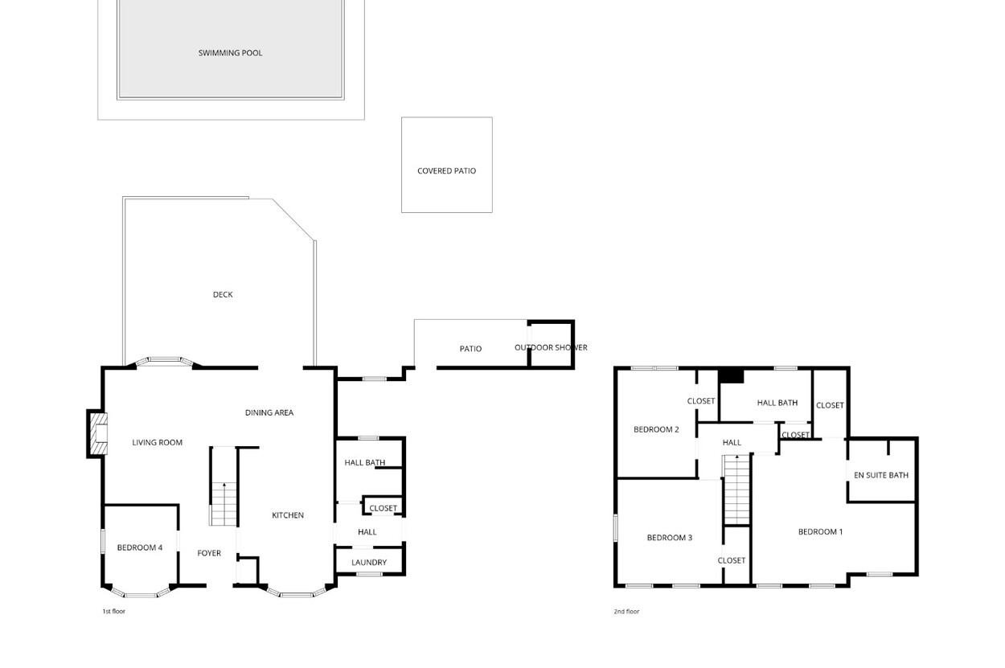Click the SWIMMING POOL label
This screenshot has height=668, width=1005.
(230, 53)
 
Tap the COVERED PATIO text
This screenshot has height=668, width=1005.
(446, 171)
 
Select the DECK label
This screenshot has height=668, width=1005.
(223, 295)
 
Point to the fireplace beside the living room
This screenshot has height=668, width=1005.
(99, 433)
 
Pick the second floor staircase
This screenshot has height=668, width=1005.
(736, 490)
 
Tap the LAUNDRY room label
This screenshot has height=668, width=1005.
(369, 563)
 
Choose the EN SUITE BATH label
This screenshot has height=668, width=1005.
(880, 475)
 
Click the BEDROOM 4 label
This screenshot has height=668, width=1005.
(140, 547)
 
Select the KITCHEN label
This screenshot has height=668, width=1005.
(288, 515)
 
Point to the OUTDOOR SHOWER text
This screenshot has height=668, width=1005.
(551, 348)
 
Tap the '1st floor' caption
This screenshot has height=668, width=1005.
(113, 612)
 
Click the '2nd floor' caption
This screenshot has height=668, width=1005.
(626, 612)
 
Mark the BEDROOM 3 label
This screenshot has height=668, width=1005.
(670, 538)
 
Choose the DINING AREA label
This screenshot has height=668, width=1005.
(269, 412)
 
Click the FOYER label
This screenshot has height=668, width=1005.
(209, 554)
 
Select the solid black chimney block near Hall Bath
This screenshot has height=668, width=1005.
(731, 376)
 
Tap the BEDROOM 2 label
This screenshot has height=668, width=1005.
(656, 430)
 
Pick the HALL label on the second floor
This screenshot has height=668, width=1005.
(732, 443)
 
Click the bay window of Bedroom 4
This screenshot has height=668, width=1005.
(140, 592)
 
